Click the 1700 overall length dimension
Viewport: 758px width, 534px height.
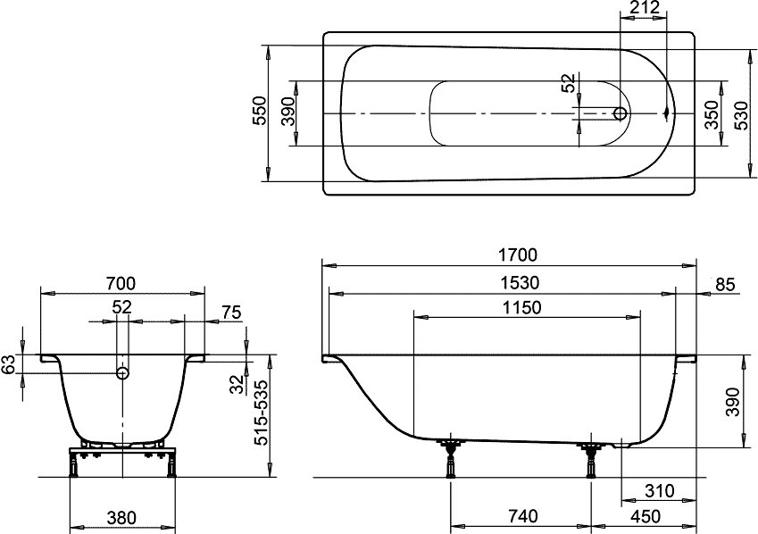[x=517, y=254]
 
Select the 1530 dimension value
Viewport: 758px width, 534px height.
[x=519, y=283]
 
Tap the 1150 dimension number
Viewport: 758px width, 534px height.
[x=521, y=307]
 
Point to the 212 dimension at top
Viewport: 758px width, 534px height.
[x=645, y=8]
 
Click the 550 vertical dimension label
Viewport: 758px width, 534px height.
[x=260, y=111]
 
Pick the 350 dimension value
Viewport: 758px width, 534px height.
[x=711, y=114]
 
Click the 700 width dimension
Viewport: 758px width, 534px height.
[x=121, y=284]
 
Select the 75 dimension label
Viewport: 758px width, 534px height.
[x=231, y=313]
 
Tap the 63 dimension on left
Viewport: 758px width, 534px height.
[x=8, y=363]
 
